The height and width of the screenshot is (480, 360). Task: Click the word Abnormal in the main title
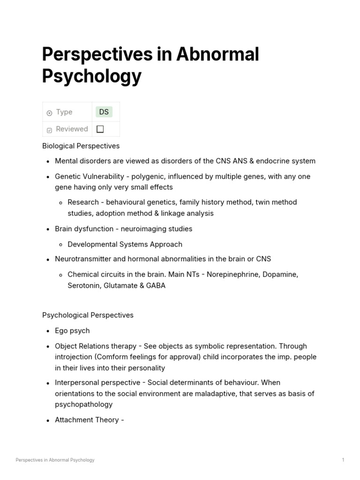pos(217,55)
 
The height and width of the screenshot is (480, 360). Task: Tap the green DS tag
pos(104,112)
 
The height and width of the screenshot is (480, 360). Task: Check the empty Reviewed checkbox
pos(100,129)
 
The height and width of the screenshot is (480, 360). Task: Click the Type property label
pos(64,112)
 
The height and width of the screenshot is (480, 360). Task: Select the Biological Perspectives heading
pos(81,146)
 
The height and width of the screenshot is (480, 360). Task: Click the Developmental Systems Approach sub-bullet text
pos(125,244)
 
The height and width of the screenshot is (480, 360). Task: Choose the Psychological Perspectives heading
pos(88,315)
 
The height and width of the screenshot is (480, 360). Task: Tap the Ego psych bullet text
pos(72,331)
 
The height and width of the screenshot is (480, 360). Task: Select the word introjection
pos(75,357)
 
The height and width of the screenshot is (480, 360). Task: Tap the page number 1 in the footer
pos(343,460)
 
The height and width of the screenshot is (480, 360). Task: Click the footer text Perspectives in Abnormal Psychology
pos(55,460)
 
